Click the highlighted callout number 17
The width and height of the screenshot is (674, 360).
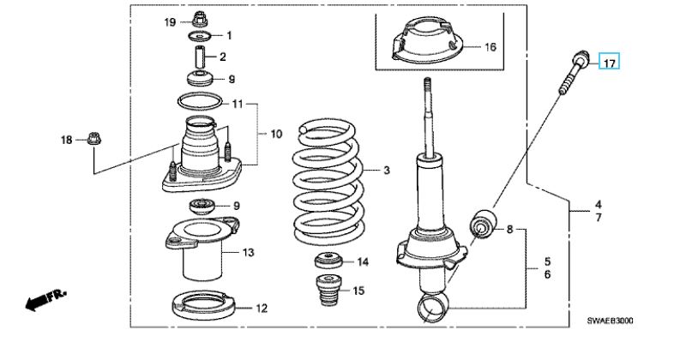[610, 63]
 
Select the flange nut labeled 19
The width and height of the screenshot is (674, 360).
[199, 19]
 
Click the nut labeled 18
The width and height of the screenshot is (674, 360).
[93, 138]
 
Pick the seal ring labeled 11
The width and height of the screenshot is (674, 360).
[201, 101]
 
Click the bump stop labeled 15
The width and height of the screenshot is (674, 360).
[329, 291]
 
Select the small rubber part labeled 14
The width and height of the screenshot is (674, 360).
[329, 261]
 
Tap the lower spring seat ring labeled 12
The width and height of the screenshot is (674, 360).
[204, 305]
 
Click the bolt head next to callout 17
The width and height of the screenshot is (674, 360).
[581, 57]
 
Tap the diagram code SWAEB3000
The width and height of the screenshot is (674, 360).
[611, 321]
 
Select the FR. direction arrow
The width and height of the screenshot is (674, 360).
[46, 298]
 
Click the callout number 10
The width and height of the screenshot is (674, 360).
[276, 134]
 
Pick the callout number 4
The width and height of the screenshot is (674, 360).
[599, 205]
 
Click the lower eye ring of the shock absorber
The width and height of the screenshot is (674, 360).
[433, 306]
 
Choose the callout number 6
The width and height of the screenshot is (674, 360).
[547, 274]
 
